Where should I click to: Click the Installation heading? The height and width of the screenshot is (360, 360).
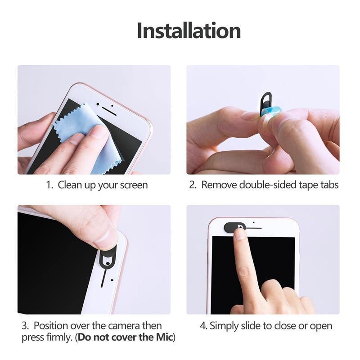(x=189, y=31)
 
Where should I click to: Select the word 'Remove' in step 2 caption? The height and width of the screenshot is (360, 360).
(x=219, y=185)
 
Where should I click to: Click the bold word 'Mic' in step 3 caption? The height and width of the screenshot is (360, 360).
(x=164, y=337)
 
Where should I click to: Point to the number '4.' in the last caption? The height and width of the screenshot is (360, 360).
(x=203, y=325)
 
